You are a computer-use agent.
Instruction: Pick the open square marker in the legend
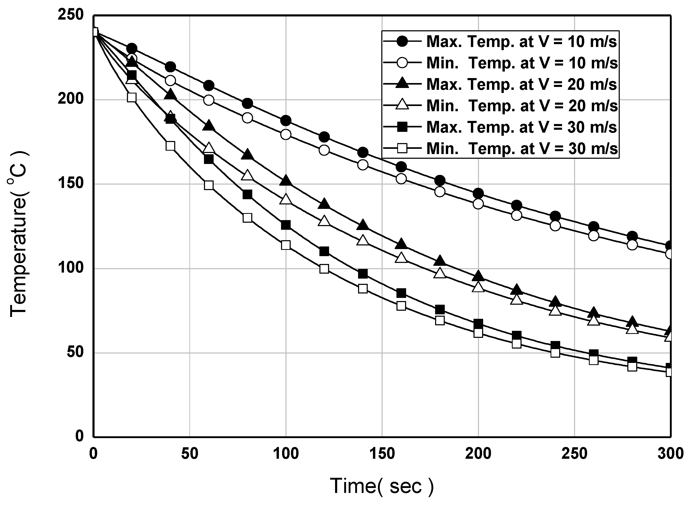pyautogui.click(x=402, y=149)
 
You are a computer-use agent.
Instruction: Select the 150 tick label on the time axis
pyautogui.click(x=382, y=454)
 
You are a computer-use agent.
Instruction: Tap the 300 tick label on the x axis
pyautogui.click(x=670, y=454)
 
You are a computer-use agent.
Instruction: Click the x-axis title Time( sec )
pyautogui.click(x=382, y=486)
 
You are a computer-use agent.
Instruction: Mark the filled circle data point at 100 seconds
pyautogui.click(x=285, y=121)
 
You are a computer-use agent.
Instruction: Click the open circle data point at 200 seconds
pyautogui.click(x=478, y=204)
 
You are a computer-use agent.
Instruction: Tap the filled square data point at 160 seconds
pyautogui.click(x=401, y=293)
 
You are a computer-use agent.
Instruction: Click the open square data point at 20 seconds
pyautogui.click(x=132, y=97)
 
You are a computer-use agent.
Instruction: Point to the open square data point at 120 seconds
pyautogui.click(x=324, y=269)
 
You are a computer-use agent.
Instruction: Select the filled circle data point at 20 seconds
pyautogui.click(x=132, y=48)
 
